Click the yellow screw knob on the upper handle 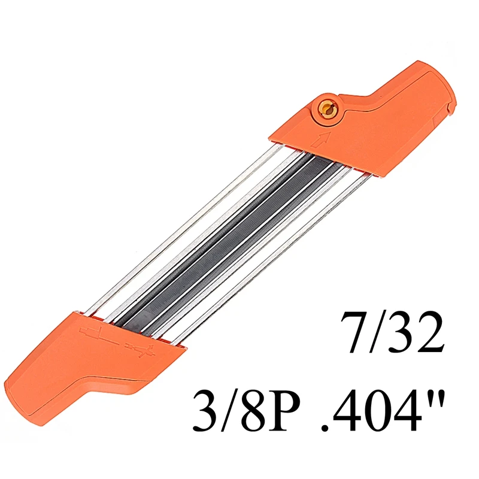[326, 111]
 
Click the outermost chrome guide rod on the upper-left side [184, 227]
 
